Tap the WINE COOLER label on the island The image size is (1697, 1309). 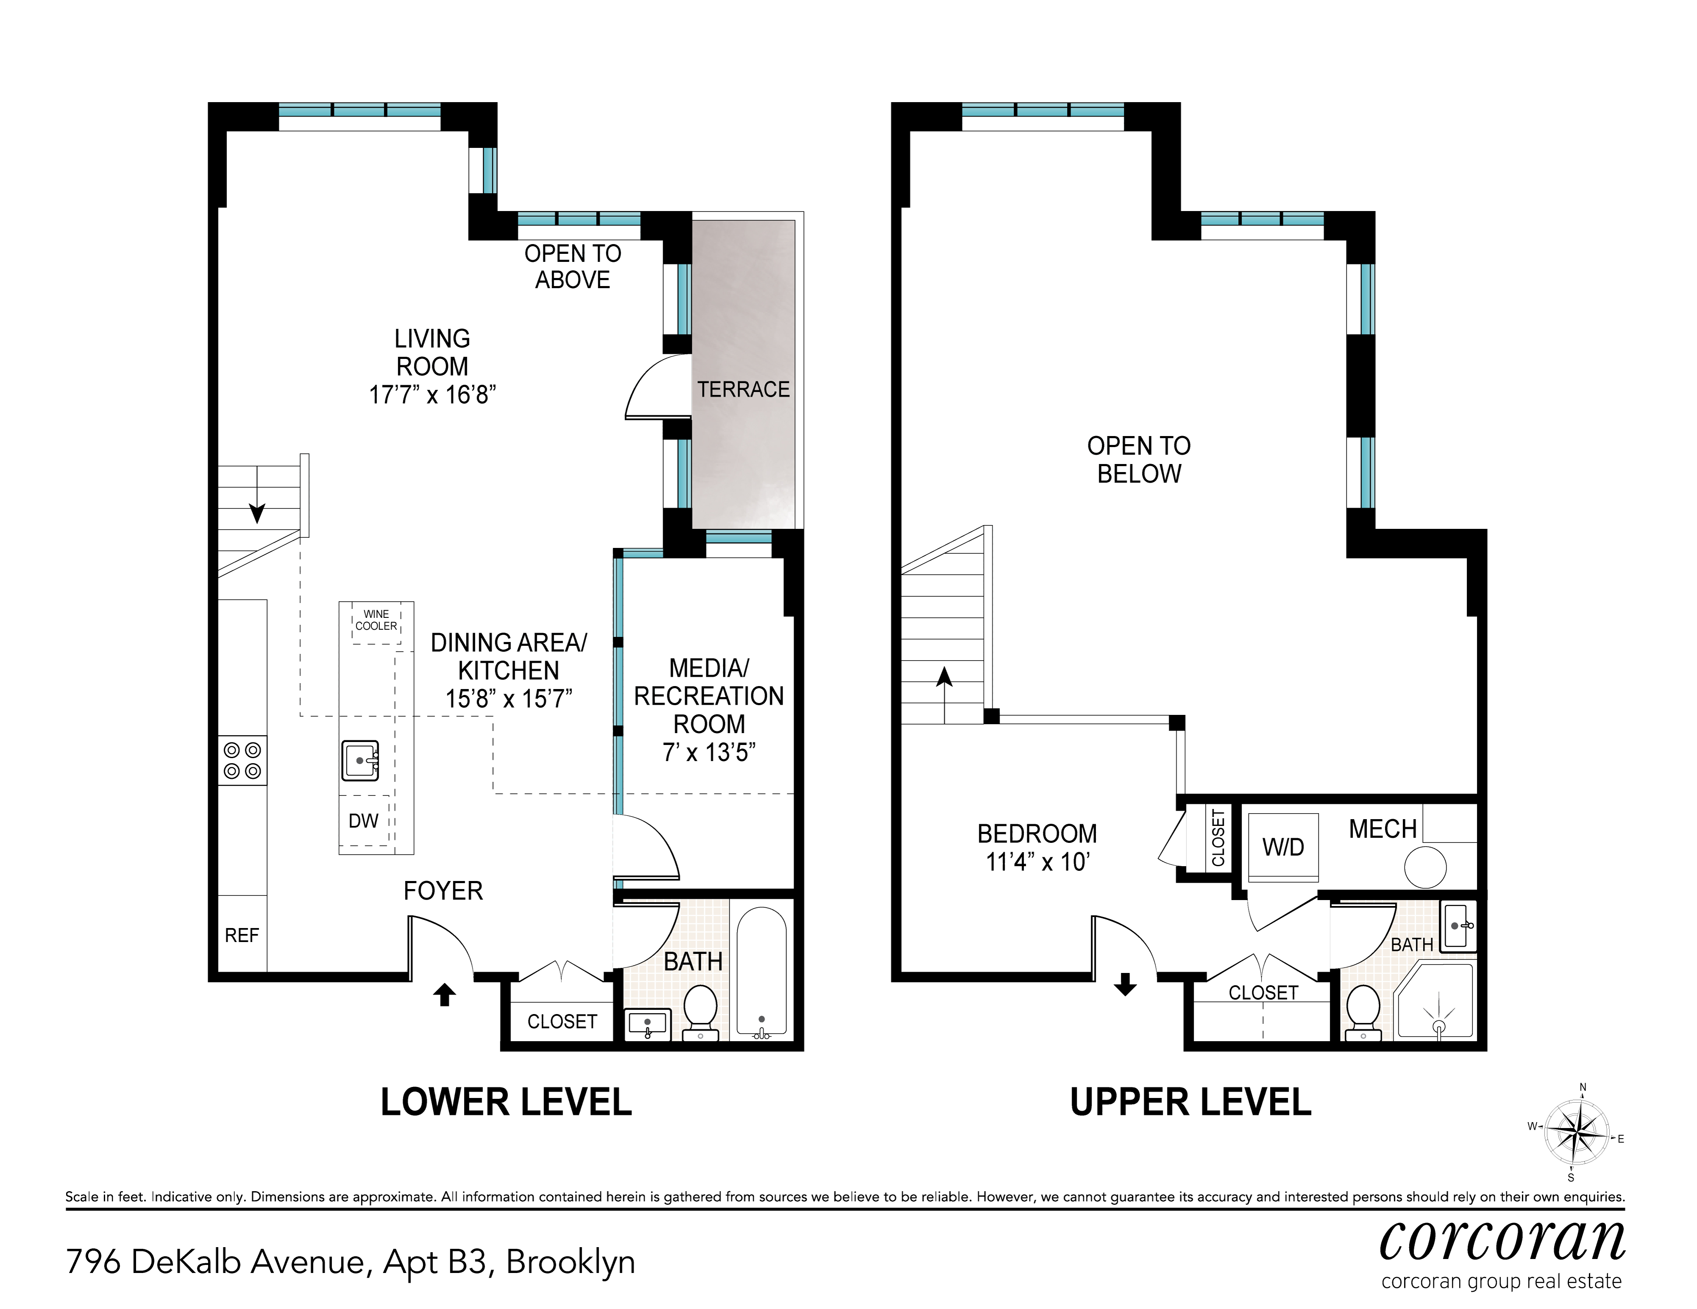(x=376, y=620)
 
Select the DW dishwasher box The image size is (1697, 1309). (x=364, y=820)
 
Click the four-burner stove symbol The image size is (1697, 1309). (x=242, y=761)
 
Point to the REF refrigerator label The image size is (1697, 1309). (x=242, y=935)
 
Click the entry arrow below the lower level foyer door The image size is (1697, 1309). (x=444, y=995)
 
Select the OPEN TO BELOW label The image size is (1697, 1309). (x=1139, y=460)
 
